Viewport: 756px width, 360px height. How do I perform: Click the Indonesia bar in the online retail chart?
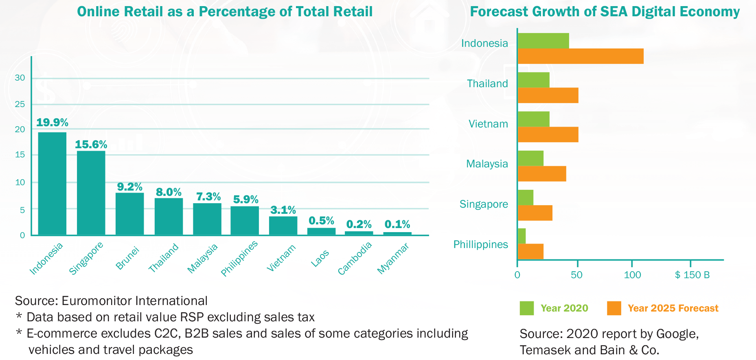click(x=52, y=183)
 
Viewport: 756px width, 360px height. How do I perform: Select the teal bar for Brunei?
click(x=129, y=214)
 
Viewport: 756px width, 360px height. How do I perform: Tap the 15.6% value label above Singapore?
click(x=91, y=145)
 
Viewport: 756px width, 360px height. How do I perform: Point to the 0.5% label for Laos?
click(x=321, y=221)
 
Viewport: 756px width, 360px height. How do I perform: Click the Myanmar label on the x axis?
click(x=393, y=258)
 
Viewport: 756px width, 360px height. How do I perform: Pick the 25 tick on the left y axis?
click(x=20, y=104)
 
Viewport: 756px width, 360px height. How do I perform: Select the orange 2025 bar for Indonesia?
click(x=580, y=56)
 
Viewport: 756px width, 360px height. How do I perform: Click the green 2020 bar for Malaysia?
click(x=530, y=158)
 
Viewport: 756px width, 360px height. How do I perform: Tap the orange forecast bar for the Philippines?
click(x=530, y=252)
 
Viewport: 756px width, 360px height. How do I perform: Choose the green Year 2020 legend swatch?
click(x=526, y=308)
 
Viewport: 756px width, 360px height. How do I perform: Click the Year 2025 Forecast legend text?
click(x=673, y=308)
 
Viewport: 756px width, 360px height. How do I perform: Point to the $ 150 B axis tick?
click(x=692, y=275)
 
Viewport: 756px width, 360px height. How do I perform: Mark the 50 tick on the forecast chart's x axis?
click(x=576, y=275)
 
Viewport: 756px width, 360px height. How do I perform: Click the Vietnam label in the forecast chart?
click(x=488, y=124)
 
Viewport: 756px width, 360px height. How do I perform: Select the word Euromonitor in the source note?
click(x=96, y=301)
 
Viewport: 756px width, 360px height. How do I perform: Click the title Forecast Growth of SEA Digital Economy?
click(x=605, y=12)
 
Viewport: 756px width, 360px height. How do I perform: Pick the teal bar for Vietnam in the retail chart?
click(x=283, y=226)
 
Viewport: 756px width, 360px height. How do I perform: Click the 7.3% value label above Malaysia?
click(x=208, y=197)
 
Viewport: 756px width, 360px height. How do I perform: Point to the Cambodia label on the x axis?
click(x=355, y=258)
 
